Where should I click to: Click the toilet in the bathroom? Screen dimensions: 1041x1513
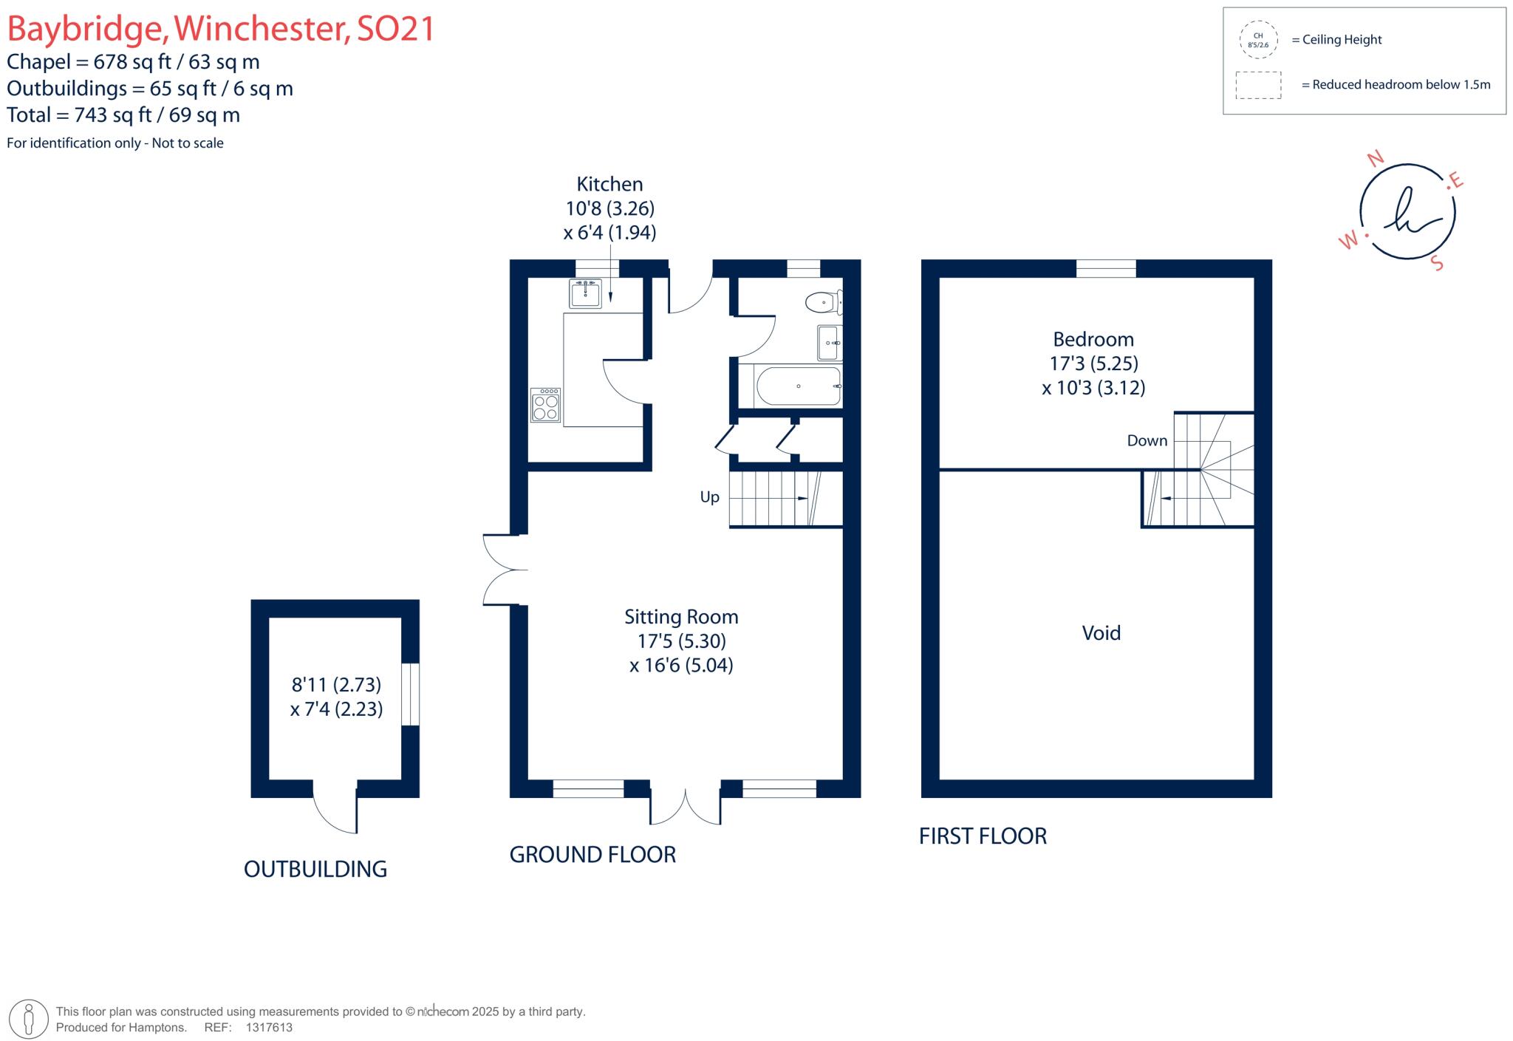coord(823,302)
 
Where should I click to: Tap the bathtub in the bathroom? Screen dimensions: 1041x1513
coord(798,386)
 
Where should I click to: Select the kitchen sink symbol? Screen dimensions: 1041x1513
coord(585,293)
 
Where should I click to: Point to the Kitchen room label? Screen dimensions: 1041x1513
coord(609,184)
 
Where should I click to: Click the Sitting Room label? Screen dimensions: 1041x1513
coord(680,617)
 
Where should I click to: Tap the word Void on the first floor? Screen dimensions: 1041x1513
coord(1101,633)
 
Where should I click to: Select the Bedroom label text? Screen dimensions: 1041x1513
coord(1093,340)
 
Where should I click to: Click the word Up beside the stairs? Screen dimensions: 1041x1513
coord(709,497)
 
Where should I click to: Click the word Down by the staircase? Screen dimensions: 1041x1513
coord(1147,441)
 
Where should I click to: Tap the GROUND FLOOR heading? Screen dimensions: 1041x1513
coord(592,855)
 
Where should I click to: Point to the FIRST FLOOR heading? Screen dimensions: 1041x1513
coord(983,836)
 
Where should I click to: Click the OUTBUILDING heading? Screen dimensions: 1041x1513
coord(315,870)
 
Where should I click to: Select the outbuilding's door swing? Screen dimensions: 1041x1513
coord(335,813)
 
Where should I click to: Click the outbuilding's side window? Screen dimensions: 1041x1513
coord(411,694)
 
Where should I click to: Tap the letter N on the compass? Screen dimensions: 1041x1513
coord(1375,159)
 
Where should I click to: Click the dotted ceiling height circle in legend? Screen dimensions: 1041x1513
coord(1258,40)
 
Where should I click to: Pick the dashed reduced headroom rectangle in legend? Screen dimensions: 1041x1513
coord(1258,85)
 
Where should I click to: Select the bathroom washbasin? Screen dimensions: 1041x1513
coord(829,343)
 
